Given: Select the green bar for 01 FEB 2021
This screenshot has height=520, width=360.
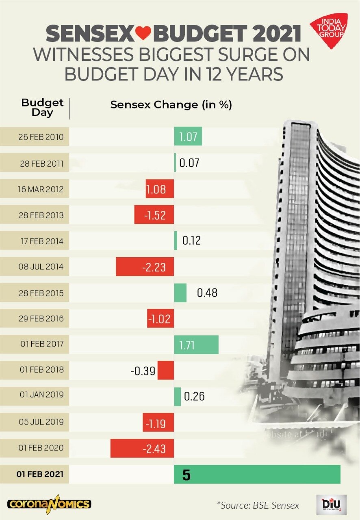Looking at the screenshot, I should (257, 474).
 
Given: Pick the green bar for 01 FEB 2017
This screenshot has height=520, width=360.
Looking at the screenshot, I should (196, 344).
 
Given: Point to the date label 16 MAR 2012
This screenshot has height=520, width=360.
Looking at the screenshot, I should (41, 189).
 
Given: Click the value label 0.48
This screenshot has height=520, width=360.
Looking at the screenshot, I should (207, 293).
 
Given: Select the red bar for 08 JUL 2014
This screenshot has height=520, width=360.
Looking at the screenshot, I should (145, 267).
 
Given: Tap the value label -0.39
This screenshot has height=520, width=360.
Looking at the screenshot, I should (143, 370).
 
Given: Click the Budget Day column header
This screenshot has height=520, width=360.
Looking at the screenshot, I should (42, 107).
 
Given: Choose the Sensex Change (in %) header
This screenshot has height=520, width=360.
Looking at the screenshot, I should (171, 105).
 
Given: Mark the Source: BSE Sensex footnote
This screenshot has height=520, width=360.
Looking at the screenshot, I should (258, 505).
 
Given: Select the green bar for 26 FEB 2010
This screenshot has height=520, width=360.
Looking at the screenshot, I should (188, 136).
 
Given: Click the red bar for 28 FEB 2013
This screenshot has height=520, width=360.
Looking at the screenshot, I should (154, 215).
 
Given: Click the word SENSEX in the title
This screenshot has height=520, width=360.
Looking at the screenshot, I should (89, 34).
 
